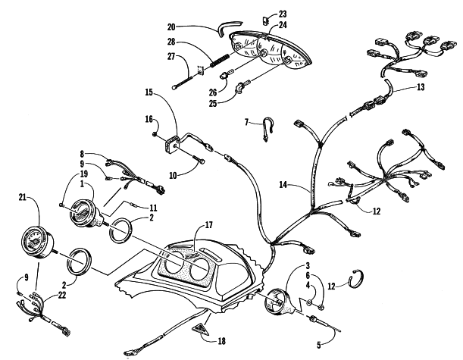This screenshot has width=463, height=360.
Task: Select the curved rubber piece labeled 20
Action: tap(224, 30)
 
